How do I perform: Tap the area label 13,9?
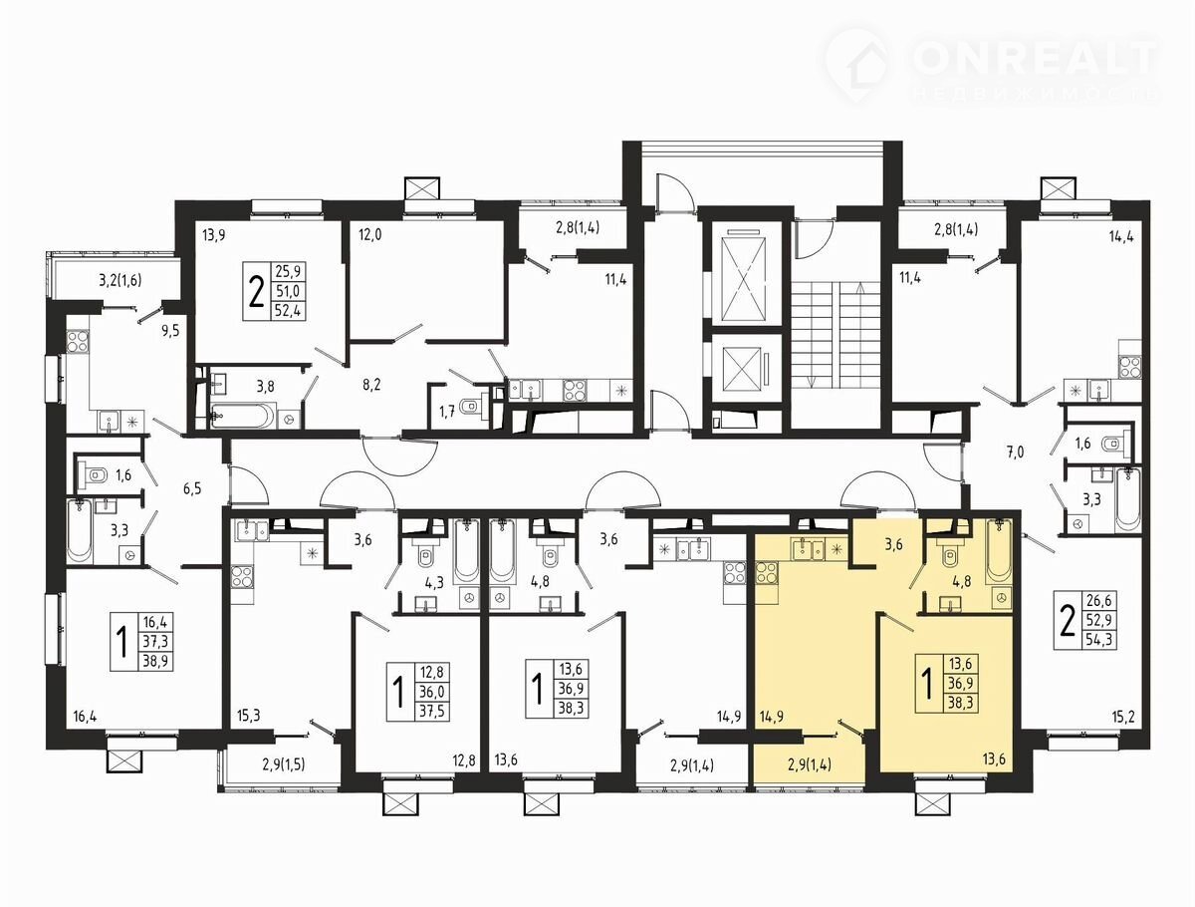(x=213, y=236)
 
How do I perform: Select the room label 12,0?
(x=369, y=235)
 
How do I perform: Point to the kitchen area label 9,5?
(x=170, y=331)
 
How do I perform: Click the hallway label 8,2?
(x=371, y=385)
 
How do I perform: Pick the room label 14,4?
(x=1121, y=236)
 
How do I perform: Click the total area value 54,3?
(x=1097, y=640)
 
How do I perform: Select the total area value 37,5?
(x=432, y=711)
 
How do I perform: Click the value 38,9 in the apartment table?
(x=155, y=662)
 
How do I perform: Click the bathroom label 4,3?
(x=434, y=582)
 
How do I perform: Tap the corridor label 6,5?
(x=191, y=488)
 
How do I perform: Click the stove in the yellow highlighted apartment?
(x=766, y=574)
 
